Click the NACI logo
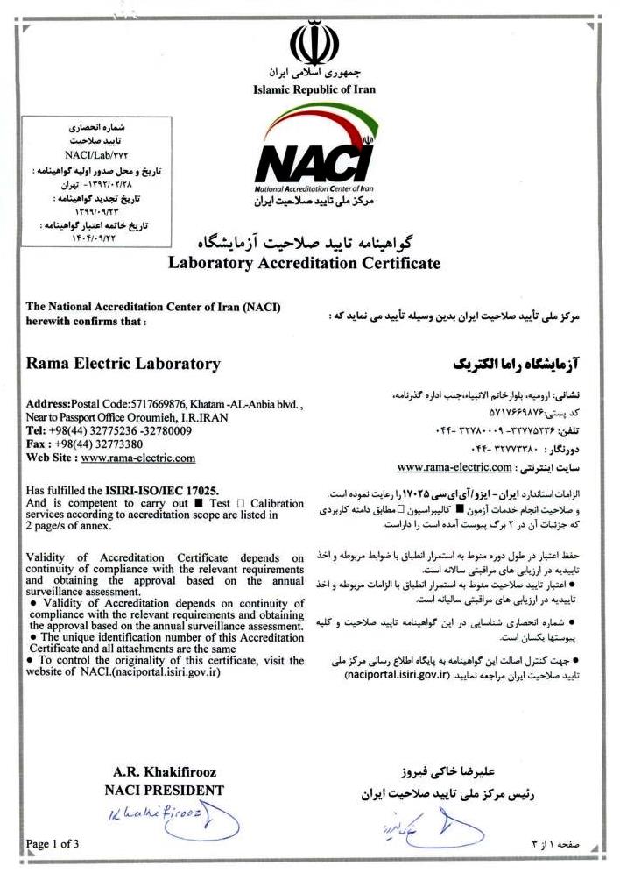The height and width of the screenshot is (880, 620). [x=312, y=167]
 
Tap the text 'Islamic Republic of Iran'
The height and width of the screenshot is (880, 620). [x=314, y=89]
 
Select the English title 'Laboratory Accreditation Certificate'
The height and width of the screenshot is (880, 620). [x=304, y=263]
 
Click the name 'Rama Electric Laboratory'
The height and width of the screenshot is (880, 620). [x=123, y=363]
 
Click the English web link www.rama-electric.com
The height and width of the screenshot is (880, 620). [x=137, y=458]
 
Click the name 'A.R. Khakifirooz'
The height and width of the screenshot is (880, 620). [x=165, y=772]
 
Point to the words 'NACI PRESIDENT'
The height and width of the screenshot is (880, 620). [x=164, y=790]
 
